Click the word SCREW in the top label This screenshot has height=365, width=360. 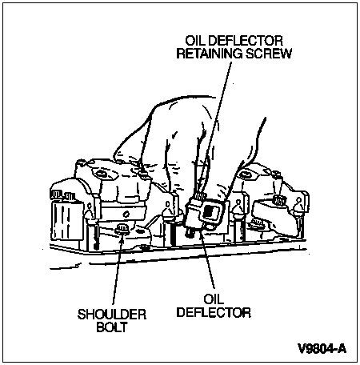click(269, 54)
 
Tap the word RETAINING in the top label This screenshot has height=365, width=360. click(210, 54)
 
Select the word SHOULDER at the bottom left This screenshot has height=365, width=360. click(112, 315)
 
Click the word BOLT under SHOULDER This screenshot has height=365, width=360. click(112, 327)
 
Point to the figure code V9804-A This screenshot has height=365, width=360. click(322, 348)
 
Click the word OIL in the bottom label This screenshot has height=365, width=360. click(214, 299)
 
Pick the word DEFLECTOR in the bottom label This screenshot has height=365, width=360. click(214, 312)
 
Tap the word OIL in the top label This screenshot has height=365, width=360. click(195, 41)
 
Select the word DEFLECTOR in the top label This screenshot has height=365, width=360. click(246, 41)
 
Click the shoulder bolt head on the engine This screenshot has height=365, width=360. click(122, 229)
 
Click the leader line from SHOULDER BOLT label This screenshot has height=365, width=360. click(117, 271)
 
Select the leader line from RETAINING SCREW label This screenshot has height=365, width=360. click(216, 128)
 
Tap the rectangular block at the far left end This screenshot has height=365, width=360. click(66, 220)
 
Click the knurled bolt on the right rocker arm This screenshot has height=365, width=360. click(279, 199)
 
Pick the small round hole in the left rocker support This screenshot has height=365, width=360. click(126, 214)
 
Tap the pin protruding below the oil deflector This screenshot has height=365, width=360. click(190, 233)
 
